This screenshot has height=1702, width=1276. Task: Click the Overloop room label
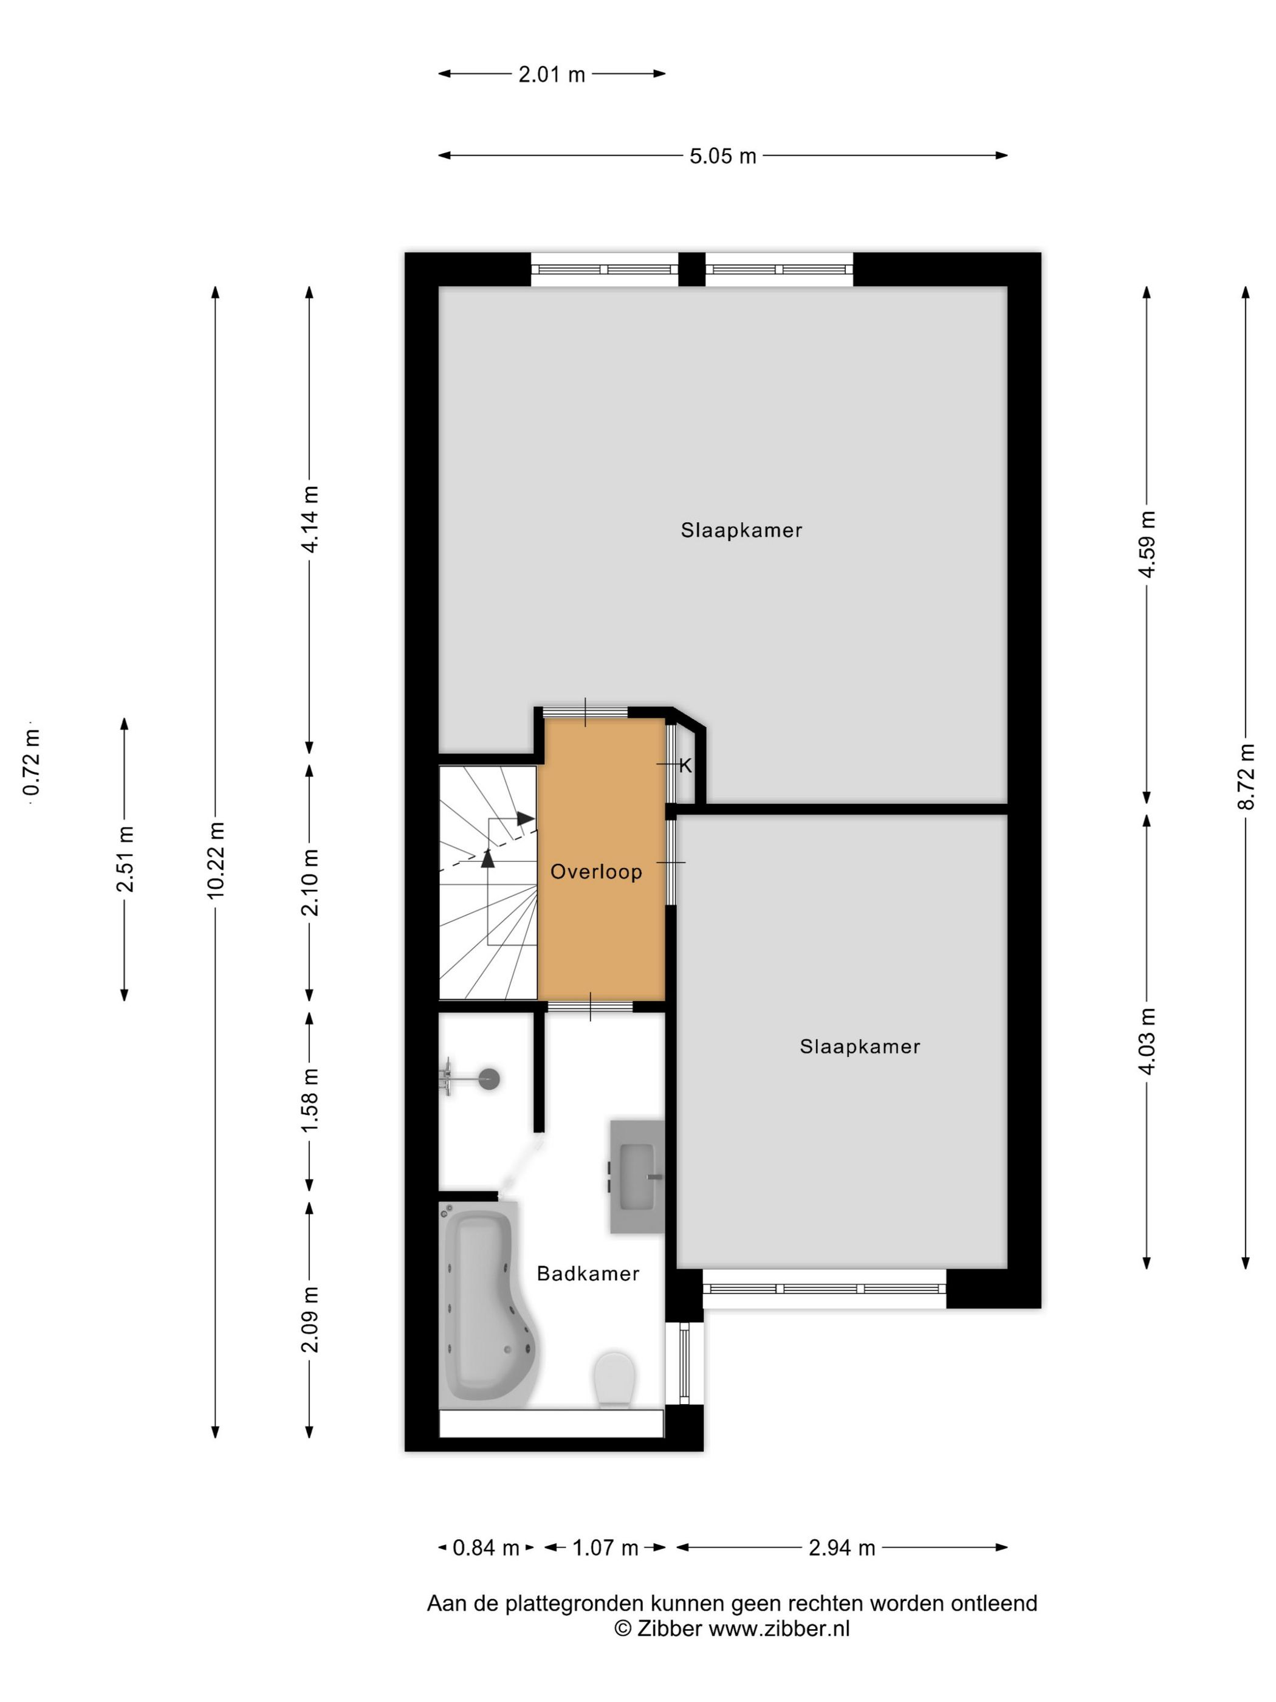tap(596, 872)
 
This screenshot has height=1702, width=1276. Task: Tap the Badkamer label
tap(588, 1274)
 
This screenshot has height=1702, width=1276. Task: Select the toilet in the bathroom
tap(614, 1380)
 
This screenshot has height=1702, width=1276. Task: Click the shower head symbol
tap(489, 1079)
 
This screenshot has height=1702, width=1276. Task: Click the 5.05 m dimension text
tap(722, 156)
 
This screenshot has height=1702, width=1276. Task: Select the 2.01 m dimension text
tap(552, 75)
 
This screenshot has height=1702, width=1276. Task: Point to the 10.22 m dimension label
tap(216, 860)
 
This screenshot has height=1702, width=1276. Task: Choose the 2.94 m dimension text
tap(842, 1548)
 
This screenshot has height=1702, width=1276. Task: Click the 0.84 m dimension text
tap(485, 1548)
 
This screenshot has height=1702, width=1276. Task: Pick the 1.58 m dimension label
tap(310, 1100)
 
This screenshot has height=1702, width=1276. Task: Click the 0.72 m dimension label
tap(32, 762)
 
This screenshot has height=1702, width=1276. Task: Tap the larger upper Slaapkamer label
tap(741, 530)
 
